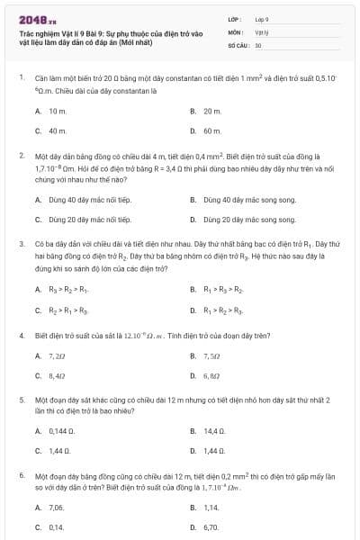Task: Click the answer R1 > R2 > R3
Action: [x=225, y=310]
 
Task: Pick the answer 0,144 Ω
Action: [x=60, y=431]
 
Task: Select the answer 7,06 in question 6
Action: [x=57, y=508]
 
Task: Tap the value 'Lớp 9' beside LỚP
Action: [x=262, y=18]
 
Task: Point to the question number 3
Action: [x=21, y=243]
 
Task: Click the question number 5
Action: [x=21, y=399]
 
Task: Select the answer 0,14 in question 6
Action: [x=56, y=527]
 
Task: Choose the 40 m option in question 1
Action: [x=58, y=130]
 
